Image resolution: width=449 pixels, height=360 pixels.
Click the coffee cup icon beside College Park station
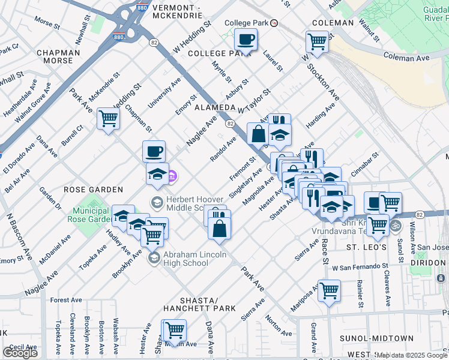pos(245,40)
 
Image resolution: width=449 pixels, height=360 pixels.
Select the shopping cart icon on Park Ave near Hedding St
pos(108,118)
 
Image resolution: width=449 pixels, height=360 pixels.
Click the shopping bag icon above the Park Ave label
pos(220,229)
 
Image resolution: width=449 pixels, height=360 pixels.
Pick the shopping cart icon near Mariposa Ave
pos(330,291)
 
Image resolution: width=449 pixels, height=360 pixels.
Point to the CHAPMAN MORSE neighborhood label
pos(58,56)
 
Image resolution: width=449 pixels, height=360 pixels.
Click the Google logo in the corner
pos(20,352)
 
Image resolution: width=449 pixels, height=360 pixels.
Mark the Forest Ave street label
pos(66,300)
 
